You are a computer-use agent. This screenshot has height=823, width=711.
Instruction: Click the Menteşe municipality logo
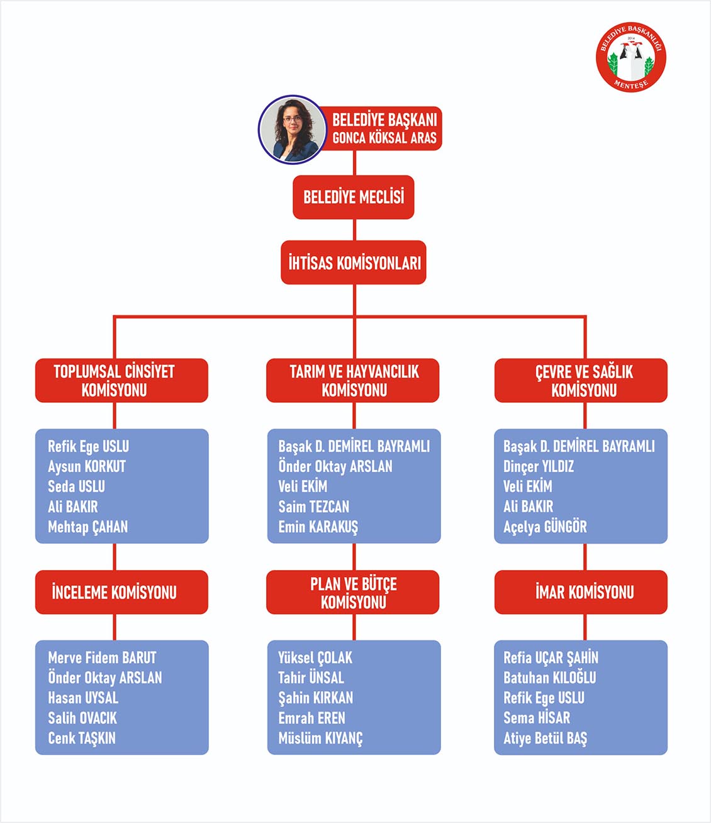[630, 57]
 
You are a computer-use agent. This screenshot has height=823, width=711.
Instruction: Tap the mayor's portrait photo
[292, 130]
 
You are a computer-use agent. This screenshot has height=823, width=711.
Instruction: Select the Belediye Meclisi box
[354, 197]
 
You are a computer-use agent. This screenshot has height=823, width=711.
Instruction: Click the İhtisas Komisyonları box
[354, 262]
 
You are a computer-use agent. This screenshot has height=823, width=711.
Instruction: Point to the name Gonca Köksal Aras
[384, 138]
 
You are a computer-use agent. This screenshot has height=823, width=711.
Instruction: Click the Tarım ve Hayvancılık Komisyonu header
[353, 380]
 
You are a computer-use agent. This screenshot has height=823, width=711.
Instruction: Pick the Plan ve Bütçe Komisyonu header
[353, 592]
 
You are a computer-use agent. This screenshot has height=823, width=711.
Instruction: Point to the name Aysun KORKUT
[87, 467]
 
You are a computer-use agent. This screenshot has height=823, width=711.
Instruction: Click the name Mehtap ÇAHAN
[88, 527]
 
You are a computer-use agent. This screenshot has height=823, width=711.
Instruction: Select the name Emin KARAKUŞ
[318, 527]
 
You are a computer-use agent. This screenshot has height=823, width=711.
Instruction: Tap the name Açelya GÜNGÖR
[545, 527]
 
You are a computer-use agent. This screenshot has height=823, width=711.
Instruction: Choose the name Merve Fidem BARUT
[102, 658]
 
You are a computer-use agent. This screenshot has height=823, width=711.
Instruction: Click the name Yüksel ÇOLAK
[315, 658]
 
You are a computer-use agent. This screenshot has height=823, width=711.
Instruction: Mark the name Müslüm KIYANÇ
[320, 739]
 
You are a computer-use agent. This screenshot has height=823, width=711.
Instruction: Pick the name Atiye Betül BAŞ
[545, 739]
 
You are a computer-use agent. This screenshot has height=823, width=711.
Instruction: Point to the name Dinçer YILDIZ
[539, 467]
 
